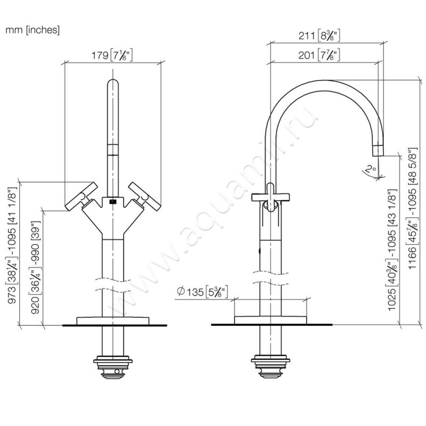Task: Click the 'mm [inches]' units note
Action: [x=32, y=30]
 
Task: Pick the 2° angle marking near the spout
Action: [x=368, y=170]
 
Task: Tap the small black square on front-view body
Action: [x=112, y=202]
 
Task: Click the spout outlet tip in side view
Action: [x=378, y=149]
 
